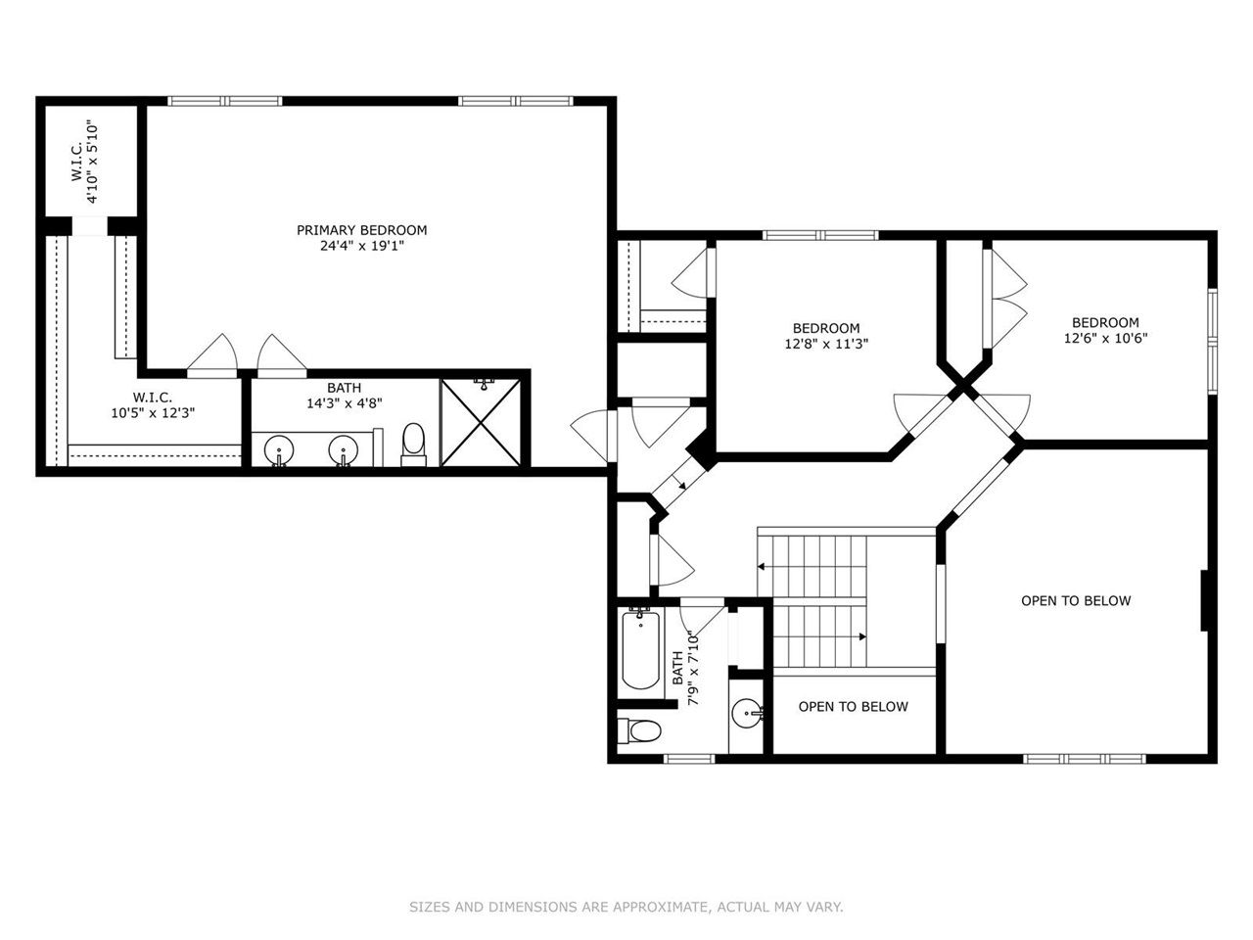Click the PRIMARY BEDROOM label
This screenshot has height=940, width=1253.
click(x=361, y=230)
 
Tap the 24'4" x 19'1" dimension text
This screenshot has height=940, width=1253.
click(x=361, y=247)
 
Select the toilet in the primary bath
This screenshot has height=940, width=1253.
click(x=414, y=444)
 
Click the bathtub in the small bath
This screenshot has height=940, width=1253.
click(x=640, y=648)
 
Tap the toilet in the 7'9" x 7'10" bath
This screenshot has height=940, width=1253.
click(x=643, y=729)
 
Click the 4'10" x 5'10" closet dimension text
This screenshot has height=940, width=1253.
click(x=93, y=162)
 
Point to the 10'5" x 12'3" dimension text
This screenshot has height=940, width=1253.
click(x=153, y=413)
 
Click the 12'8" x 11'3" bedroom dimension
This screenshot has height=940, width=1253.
click(x=826, y=345)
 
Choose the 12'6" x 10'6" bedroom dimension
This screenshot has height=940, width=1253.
click(x=1105, y=339)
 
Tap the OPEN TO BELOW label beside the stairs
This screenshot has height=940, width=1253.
click(x=853, y=707)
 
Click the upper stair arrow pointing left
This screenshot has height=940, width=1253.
click(x=762, y=566)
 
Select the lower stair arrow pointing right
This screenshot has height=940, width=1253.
click(x=860, y=636)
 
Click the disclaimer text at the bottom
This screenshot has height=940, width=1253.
click(x=626, y=908)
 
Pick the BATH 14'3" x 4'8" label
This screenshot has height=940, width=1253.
click(x=344, y=395)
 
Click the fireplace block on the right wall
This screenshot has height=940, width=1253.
click(x=1207, y=600)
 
